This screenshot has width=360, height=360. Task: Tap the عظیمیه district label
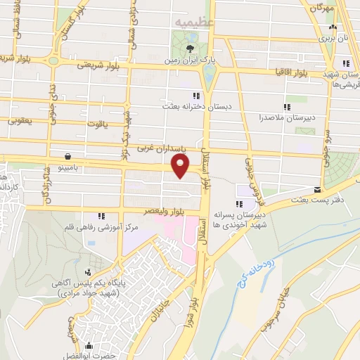(194, 22)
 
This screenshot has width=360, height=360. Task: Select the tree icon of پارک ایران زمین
(191, 49)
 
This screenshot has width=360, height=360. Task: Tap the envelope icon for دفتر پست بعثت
(318, 190)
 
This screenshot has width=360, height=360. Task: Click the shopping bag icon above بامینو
(67, 156)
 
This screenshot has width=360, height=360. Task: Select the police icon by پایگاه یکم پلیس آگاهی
(88, 271)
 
